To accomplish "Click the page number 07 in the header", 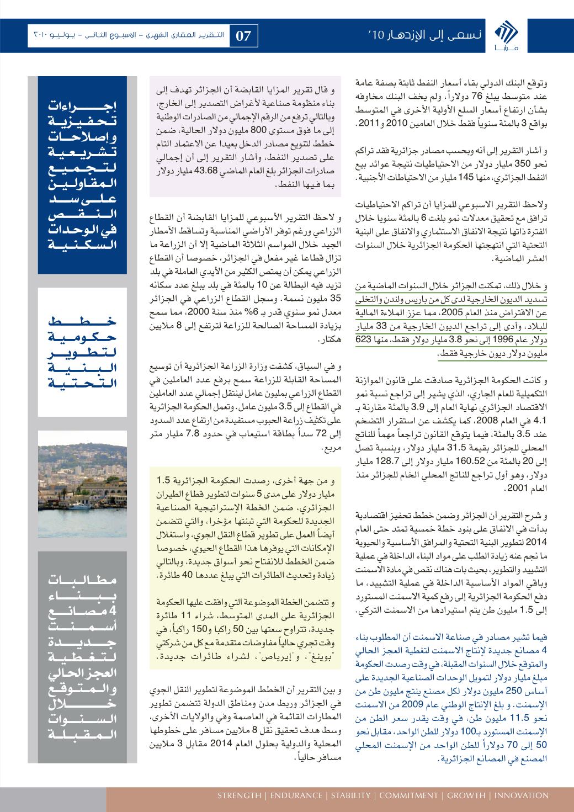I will [x=243, y=36].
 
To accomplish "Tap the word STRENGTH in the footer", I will [x=239, y=795].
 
